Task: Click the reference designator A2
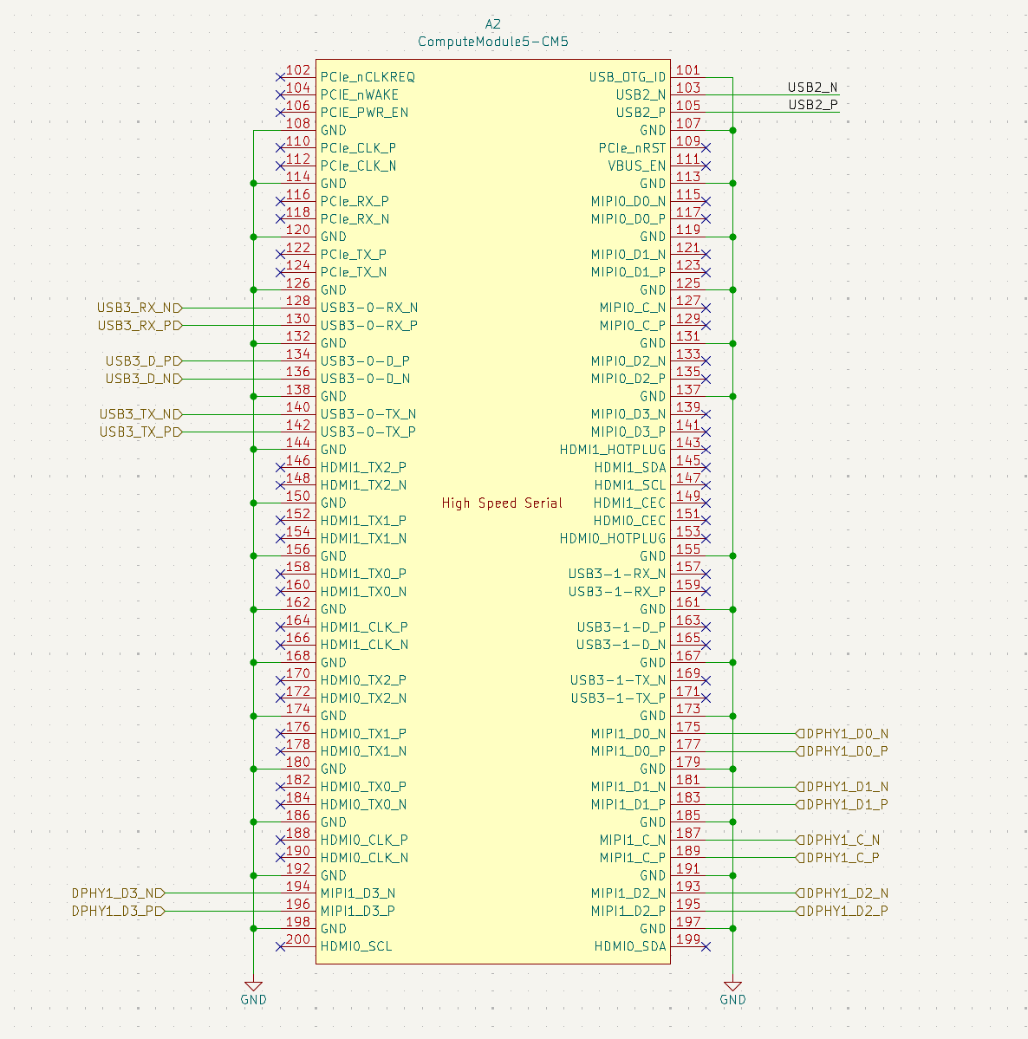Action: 492,24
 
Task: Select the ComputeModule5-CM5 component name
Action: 492,42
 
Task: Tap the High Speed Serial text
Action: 502,503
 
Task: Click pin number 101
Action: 688,69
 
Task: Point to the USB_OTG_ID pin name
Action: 627,77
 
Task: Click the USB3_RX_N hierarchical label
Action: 140,308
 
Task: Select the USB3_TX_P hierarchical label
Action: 140,432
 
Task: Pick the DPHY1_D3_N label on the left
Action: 118,893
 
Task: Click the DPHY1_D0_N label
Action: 842,733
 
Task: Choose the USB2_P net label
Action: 812,105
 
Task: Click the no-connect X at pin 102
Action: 280,77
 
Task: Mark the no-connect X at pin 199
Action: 706,947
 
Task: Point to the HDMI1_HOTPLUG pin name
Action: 613,450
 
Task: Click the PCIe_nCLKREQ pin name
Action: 368,77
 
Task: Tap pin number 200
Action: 298,939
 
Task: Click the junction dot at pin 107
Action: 732,131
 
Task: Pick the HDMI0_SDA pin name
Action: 629,947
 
